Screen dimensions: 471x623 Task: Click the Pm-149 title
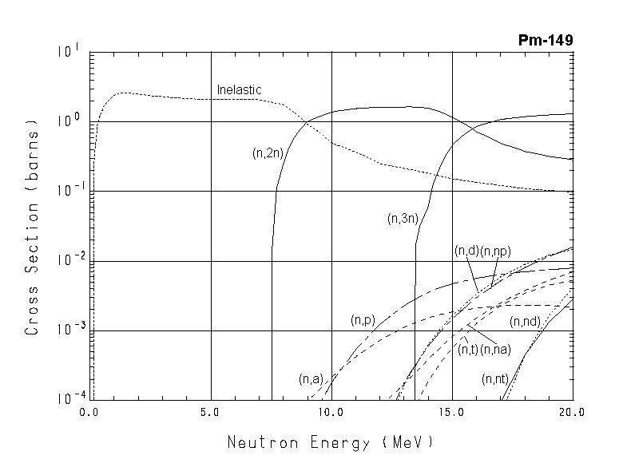point(546,41)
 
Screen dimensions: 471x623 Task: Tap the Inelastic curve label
point(239,90)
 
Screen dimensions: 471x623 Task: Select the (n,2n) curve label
point(267,154)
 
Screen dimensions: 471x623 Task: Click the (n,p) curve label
point(363,320)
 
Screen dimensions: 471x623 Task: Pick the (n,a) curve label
point(310,378)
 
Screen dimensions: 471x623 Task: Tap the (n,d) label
point(466,251)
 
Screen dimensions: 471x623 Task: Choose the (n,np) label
point(494,251)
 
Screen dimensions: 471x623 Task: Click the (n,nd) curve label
point(525,322)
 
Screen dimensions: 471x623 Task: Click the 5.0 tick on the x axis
point(210,413)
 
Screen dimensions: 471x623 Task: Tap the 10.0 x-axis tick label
point(331,413)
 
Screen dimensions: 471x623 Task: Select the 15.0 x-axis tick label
point(451,413)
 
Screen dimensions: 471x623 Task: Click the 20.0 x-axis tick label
point(572,413)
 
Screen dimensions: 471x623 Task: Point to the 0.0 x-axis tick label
point(90,413)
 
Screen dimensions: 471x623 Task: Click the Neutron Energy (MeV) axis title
point(330,441)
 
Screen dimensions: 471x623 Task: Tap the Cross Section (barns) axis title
point(33,226)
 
